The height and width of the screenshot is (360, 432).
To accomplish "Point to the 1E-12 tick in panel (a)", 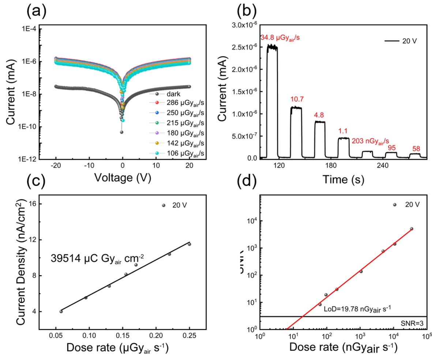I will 30,159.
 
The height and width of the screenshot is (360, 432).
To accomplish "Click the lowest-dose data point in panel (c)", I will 61,311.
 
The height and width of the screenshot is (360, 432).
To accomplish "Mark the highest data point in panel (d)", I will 412,229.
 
